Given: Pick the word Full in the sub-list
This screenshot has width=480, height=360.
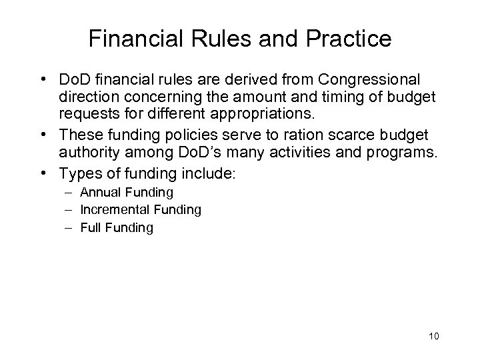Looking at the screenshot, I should click(89, 227).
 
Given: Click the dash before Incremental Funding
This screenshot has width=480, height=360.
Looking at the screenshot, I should click(69, 210).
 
